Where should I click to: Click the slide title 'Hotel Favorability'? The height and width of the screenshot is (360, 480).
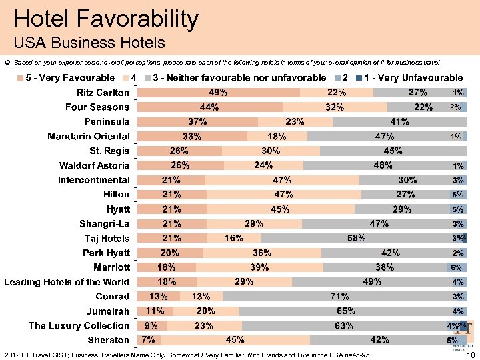click(106, 19)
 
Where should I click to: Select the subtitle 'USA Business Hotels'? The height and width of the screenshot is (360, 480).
click(89, 43)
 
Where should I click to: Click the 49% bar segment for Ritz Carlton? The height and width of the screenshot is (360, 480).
click(218, 93)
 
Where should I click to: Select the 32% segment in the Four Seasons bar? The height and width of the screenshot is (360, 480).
click(335, 107)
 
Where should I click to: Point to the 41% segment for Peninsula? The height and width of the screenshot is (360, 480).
click(399, 122)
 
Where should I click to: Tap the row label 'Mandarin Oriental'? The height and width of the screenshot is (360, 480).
click(89, 137)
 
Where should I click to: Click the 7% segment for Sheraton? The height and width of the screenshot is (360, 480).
click(148, 340)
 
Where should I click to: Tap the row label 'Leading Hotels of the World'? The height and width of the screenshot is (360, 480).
click(67, 282)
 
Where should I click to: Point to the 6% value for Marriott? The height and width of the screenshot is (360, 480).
click(457, 267)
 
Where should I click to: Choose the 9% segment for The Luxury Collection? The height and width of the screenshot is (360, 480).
click(151, 326)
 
